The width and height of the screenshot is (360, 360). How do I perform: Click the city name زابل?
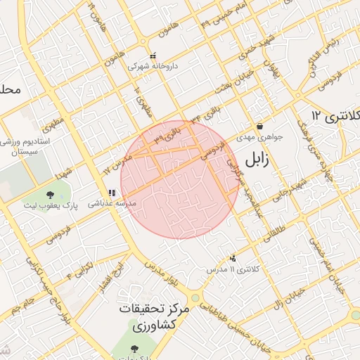tap(257, 160)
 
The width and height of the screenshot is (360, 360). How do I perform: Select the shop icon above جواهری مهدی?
tap(259, 127)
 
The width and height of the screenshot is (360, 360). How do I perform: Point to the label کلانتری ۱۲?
tap(335, 115)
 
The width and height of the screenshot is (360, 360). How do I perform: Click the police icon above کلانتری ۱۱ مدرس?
tap(233, 259)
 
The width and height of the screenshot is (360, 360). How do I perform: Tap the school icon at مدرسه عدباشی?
tap(111, 192)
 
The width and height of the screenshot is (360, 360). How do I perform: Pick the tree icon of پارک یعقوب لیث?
tap(50, 194)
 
